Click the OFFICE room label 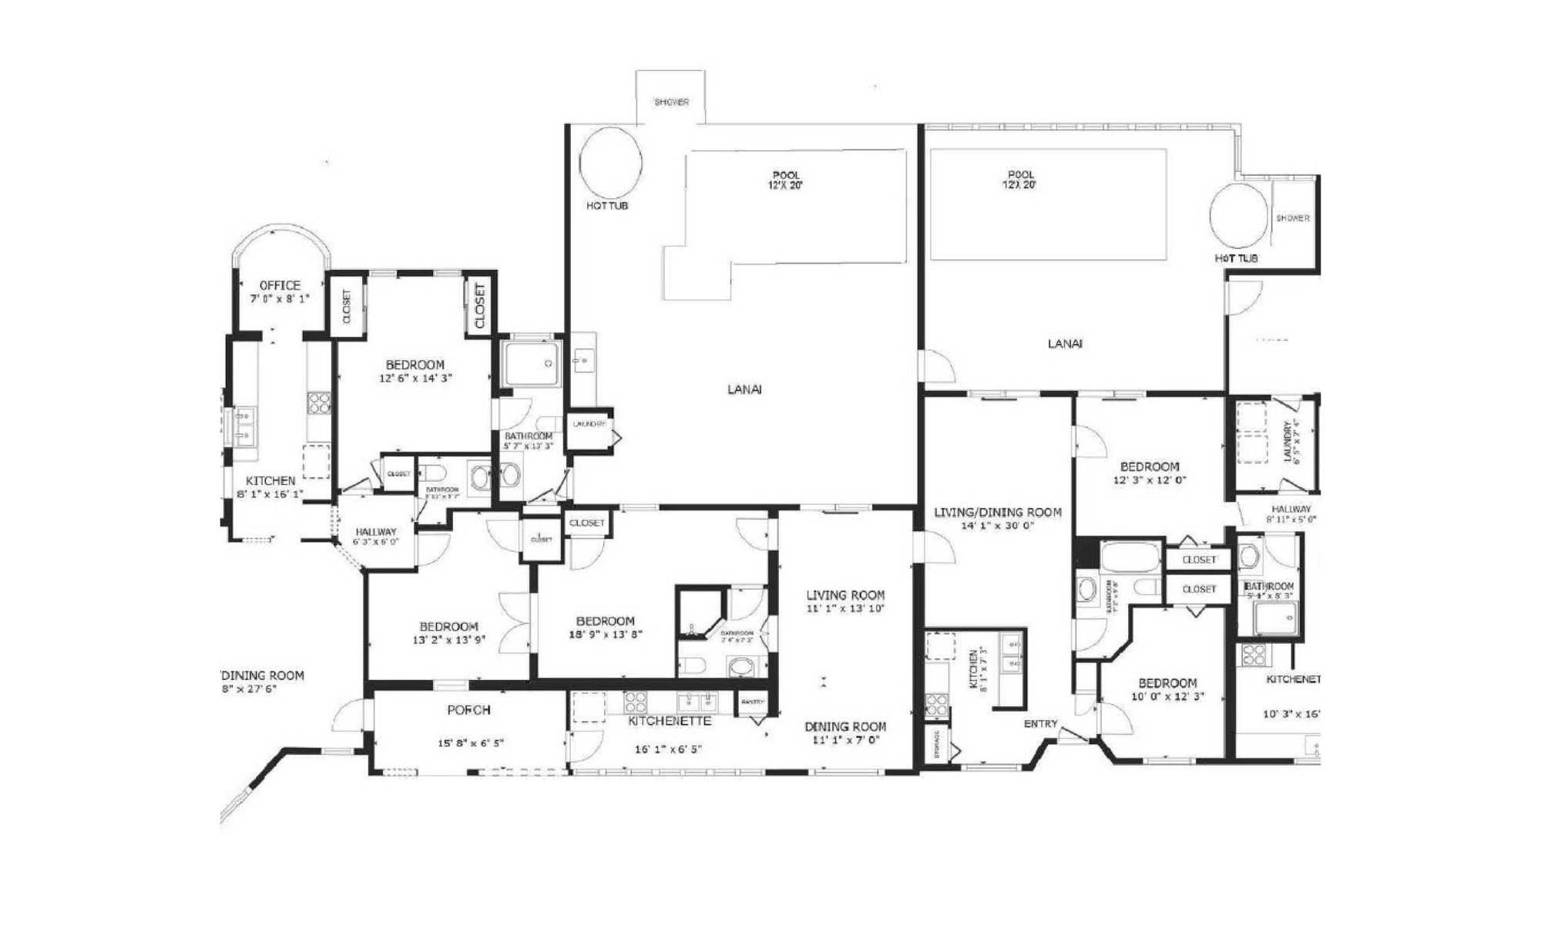tap(280, 285)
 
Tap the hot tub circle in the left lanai tap(610, 163)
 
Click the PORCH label tap(468, 710)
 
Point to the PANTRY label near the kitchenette tap(752, 702)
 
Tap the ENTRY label tap(1040, 724)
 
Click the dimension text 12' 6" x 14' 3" tap(415, 379)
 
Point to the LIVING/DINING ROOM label tap(997, 513)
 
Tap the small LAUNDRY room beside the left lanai tap(589, 425)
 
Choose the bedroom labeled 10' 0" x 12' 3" tap(1167, 689)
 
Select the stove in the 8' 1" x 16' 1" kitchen tap(319, 402)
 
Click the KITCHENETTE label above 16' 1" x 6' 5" tap(670, 722)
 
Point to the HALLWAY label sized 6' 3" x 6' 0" tap(376, 532)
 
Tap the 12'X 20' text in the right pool tap(1018, 186)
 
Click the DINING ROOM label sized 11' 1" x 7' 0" tap(845, 726)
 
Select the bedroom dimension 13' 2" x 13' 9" tap(449, 639)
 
